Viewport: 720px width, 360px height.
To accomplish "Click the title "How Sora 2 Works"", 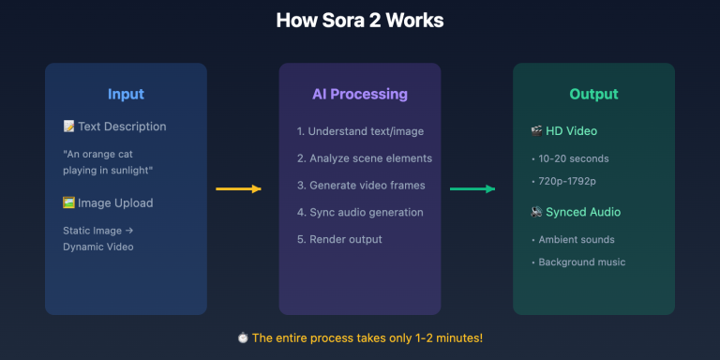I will [360, 21].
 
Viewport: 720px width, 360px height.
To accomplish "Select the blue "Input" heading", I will [126, 94].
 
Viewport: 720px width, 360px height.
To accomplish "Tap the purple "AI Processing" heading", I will [360, 94].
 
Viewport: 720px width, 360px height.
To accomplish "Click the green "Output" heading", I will [593, 94].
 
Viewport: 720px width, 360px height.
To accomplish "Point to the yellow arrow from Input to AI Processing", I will [238, 189].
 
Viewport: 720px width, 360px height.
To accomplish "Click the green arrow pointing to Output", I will [472, 189].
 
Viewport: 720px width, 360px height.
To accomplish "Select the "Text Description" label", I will [121, 127].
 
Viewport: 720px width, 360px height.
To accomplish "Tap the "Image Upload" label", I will [114, 203].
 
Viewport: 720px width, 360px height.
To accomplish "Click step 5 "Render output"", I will [339, 239].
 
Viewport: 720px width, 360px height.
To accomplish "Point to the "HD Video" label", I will [570, 131].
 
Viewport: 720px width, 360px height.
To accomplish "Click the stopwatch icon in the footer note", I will [244, 337].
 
